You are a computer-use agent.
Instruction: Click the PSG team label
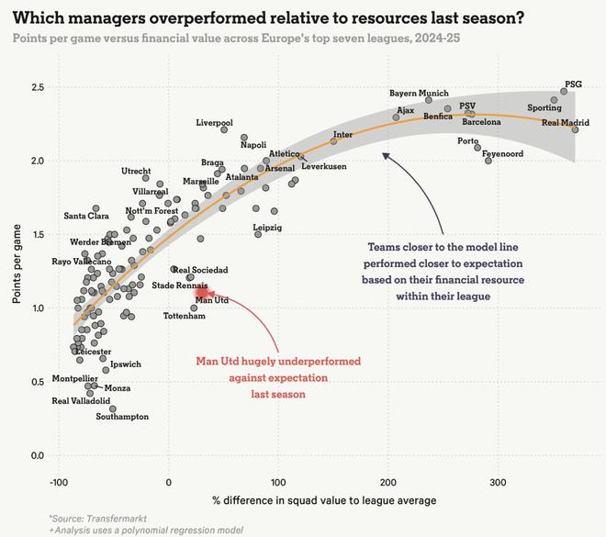click(x=573, y=84)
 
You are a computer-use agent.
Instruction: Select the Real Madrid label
click(x=566, y=122)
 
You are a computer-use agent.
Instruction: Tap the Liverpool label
click(x=214, y=122)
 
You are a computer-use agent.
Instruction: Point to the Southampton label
click(x=122, y=417)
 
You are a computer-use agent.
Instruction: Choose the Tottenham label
click(x=184, y=316)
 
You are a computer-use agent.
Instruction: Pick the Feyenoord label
click(x=502, y=154)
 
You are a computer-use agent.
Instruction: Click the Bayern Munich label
click(x=419, y=93)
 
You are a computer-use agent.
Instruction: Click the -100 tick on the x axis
click(x=58, y=482)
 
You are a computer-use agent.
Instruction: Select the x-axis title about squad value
click(x=325, y=500)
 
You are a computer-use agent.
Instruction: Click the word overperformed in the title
click(x=206, y=17)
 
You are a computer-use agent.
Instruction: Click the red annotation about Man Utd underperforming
click(x=278, y=376)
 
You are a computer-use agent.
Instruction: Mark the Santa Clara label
click(x=86, y=216)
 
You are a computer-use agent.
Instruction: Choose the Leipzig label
click(x=266, y=227)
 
